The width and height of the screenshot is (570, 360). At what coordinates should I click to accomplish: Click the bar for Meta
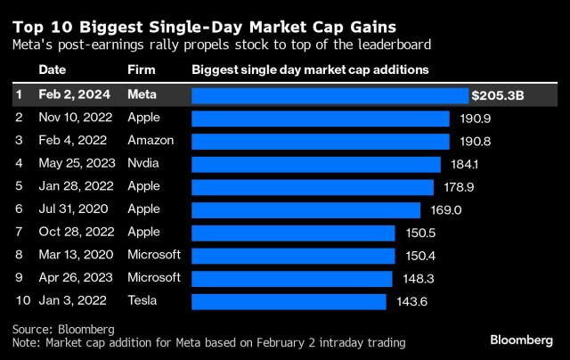point(330,96)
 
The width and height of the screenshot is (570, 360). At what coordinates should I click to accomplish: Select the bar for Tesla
point(289,302)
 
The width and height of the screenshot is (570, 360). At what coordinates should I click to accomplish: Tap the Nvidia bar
point(316,165)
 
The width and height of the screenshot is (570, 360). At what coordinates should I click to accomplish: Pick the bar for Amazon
point(321,142)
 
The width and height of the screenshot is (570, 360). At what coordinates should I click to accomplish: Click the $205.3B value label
point(498,95)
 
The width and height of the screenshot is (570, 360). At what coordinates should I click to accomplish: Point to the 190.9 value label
point(476,119)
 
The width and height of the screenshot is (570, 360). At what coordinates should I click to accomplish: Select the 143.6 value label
point(412,301)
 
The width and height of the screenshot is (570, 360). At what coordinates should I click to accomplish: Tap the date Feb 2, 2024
point(75,95)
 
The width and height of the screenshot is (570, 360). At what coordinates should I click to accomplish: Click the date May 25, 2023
point(77,164)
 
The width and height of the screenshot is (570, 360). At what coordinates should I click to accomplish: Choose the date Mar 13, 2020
point(76,255)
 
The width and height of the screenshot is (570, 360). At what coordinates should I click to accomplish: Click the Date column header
point(53,70)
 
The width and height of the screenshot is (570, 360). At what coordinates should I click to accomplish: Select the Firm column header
point(142,70)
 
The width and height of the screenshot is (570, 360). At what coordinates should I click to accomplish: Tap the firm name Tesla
point(142,300)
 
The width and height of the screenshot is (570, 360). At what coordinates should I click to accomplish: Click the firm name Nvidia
point(143,163)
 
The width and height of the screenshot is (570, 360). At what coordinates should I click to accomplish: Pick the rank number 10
point(23,300)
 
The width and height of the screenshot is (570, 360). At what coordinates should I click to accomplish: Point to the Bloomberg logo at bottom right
point(522,340)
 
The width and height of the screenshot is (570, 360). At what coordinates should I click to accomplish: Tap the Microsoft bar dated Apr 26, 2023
point(292,279)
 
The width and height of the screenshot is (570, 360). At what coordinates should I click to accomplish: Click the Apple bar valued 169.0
point(306,210)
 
